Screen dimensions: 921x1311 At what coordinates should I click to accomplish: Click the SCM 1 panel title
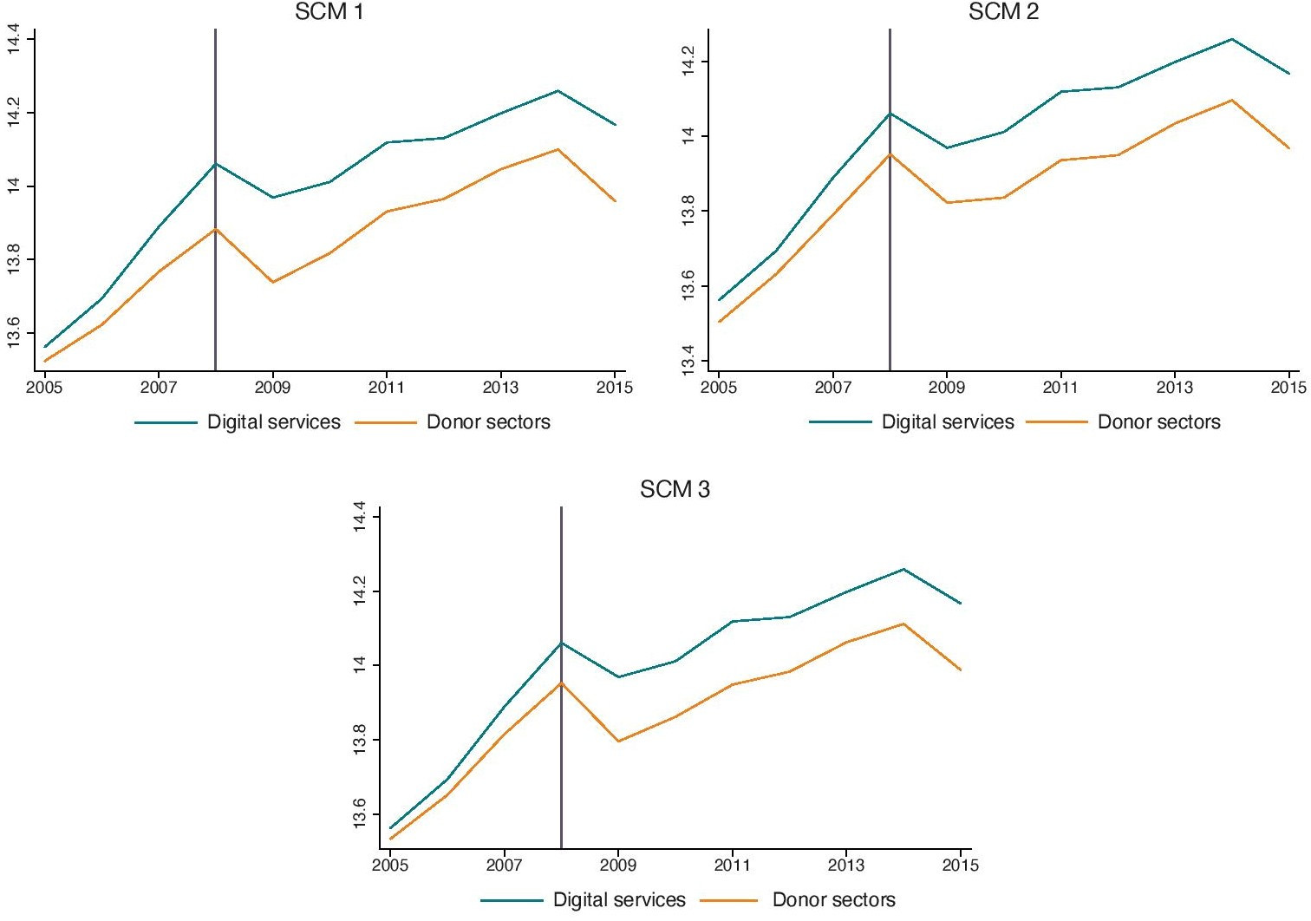[x=329, y=11]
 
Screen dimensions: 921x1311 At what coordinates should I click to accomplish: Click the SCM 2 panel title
[x=1003, y=11]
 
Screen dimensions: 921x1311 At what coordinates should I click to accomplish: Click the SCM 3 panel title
[x=675, y=490]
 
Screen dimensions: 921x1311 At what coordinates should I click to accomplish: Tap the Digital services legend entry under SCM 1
[x=273, y=422]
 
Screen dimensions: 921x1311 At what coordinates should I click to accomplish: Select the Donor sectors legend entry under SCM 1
[x=488, y=422]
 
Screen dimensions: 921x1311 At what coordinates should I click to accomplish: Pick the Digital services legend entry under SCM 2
[x=948, y=422]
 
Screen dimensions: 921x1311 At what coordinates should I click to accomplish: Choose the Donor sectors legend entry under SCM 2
[x=1158, y=422]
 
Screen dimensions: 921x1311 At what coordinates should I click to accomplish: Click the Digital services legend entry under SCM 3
[x=619, y=900]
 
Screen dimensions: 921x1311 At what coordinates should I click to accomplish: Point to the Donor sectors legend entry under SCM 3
[x=833, y=900]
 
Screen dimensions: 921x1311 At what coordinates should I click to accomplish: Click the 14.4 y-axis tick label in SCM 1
[x=13, y=40]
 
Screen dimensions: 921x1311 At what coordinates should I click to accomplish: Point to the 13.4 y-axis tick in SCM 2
[x=688, y=361]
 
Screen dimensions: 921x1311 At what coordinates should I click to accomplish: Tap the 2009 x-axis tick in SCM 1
[x=272, y=388]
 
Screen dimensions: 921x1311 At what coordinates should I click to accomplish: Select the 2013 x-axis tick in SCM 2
[x=1174, y=388]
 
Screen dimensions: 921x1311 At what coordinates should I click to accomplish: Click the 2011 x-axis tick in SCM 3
[x=732, y=865]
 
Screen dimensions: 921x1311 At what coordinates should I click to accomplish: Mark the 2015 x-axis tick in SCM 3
[x=960, y=865]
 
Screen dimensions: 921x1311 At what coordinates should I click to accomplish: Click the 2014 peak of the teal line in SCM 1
[x=558, y=90]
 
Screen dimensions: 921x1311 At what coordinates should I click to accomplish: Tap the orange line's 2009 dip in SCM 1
[x=273, y=282]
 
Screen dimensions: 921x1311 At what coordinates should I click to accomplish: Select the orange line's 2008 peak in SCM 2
[x=890, y=154]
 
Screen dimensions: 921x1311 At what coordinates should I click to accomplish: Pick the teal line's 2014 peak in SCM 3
[x=903, y=569]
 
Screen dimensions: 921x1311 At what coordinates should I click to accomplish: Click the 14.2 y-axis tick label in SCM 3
[x=360, y=592]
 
